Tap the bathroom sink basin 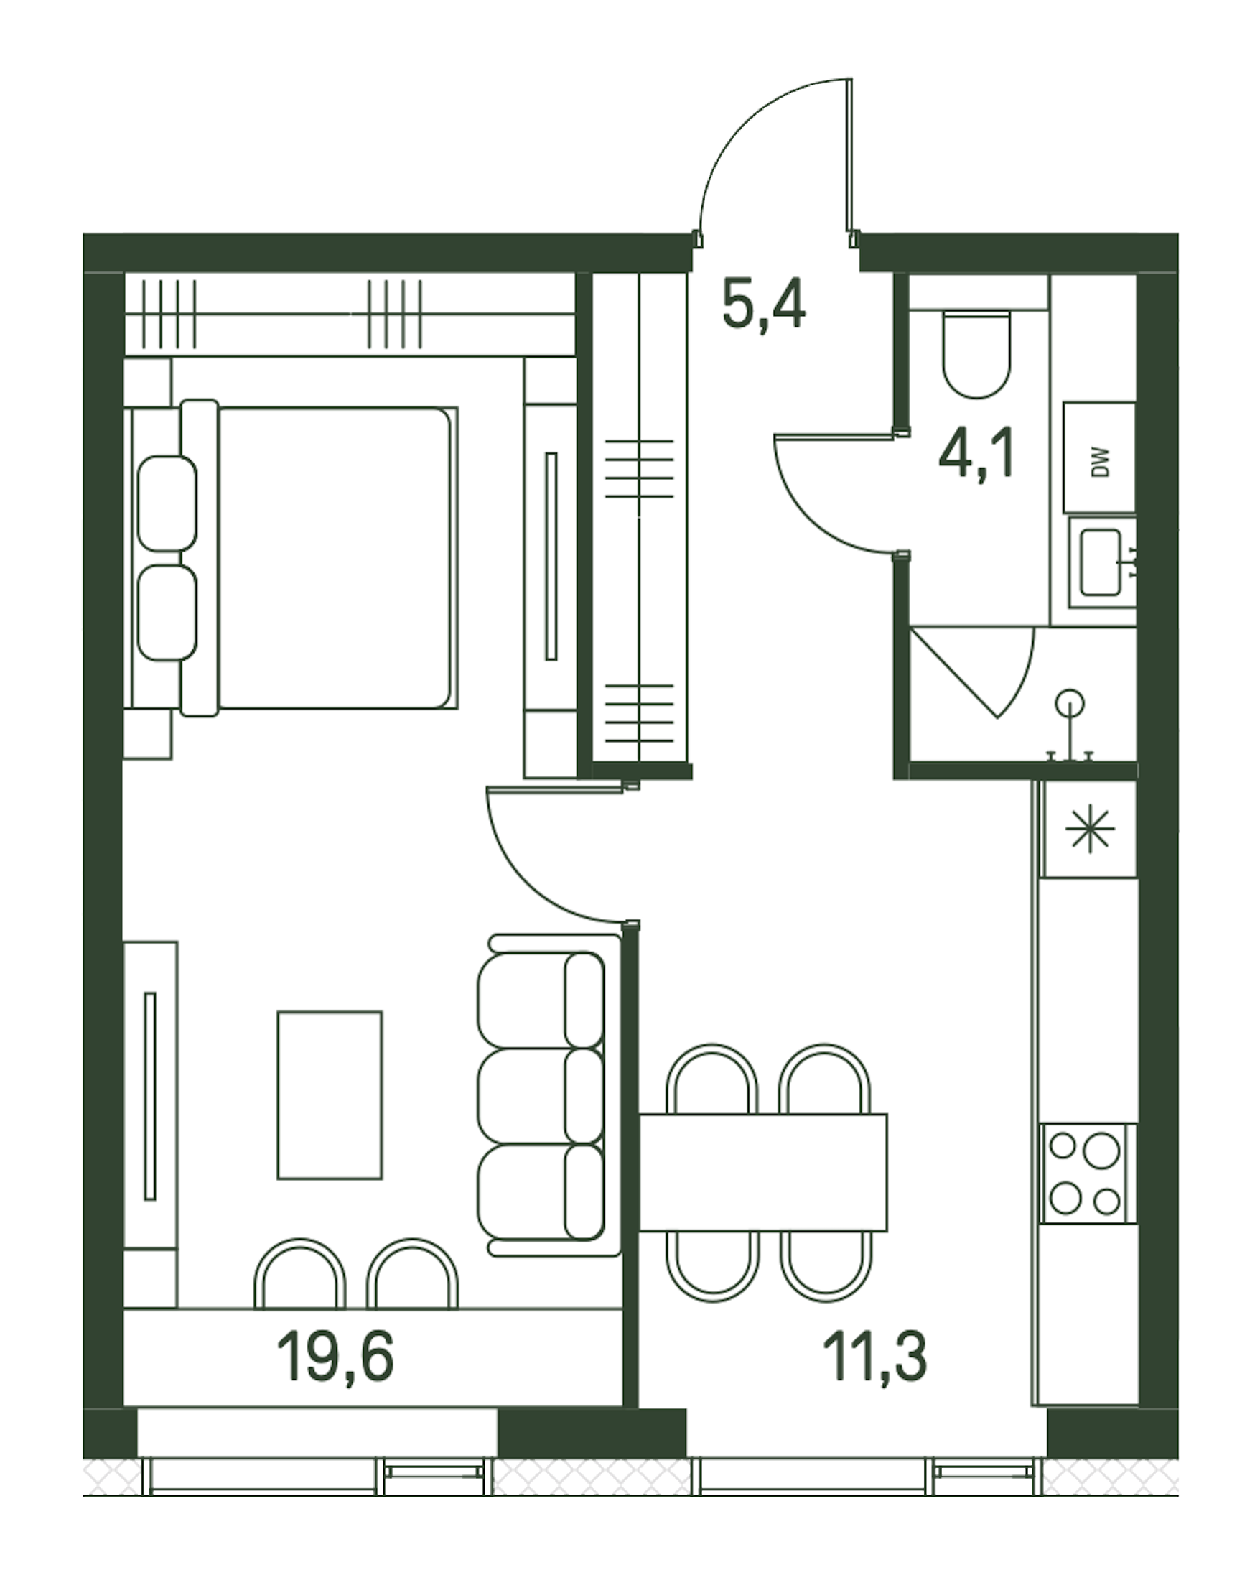(1101, 562)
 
